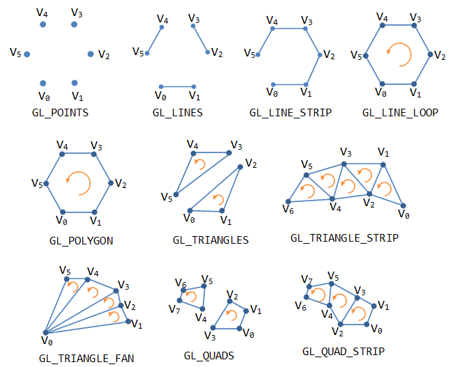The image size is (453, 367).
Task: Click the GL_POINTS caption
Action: click(60, 112)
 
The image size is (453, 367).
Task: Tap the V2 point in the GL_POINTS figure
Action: click(91, 54)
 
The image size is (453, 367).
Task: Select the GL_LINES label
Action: click(178, 112)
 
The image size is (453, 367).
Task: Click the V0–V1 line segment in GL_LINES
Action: click(177, 86)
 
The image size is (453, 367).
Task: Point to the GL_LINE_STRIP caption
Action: click(290, 112)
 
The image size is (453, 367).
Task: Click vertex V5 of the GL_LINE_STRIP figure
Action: click(259, 54)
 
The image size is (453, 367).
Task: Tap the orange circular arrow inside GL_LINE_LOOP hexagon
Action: click(399, 54)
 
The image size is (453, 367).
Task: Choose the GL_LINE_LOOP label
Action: click(400, 112)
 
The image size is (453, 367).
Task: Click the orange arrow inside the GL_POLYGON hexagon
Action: click(78, 182)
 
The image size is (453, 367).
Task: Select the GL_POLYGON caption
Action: click(82, 241)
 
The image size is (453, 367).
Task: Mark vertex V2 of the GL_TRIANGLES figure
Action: click(241, 166)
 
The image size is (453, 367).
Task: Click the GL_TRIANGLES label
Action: click(210, 240)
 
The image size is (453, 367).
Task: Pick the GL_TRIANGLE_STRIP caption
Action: click(344, 238)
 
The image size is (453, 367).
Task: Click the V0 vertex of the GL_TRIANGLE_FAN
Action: click(45, 332)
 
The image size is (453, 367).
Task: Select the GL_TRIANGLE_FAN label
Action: click(87, 359)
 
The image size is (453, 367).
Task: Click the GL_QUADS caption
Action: click(209, 356)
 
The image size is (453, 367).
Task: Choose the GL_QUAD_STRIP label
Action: click(344, 352)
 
